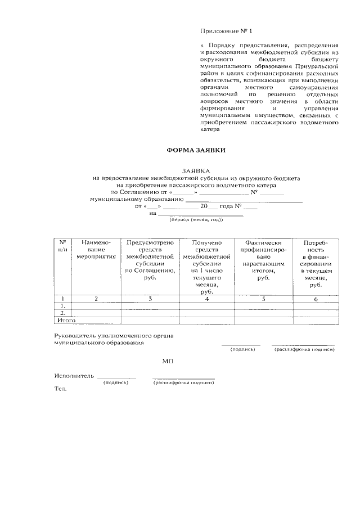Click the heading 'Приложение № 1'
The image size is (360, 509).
(x=223, y=31)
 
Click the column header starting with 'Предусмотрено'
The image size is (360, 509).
(x=150, y=259)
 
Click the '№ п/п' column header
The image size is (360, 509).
(x=64, y=245)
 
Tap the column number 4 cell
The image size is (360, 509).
(x=207, y=299)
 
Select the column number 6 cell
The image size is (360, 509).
(x=316, y=299)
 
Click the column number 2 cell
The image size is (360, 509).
(x=96, y=299)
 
